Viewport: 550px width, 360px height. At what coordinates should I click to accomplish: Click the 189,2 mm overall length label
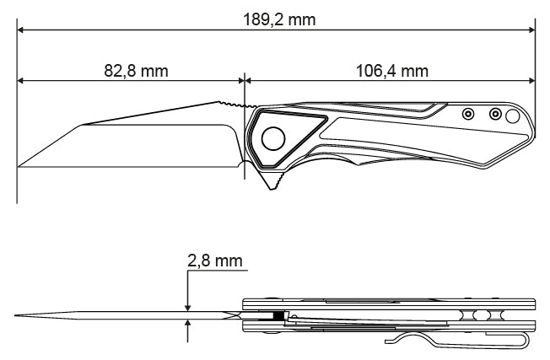[279, 19]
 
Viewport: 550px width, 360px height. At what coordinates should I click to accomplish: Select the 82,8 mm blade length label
[136, 71]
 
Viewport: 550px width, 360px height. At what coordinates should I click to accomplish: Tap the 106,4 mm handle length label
[391, 71]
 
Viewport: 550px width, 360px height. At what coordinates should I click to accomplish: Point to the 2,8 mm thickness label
[215, 261]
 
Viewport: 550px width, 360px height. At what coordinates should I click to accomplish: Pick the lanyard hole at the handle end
[513, 116]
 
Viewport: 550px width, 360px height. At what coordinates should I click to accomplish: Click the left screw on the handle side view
[468, 114]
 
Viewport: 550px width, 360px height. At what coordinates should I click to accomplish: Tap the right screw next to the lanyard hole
[495, 114]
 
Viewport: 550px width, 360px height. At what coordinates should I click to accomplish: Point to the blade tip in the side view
[19, 166]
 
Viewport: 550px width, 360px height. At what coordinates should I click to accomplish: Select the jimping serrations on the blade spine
[238, 105]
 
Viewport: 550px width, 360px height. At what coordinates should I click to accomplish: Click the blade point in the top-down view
[15, 315]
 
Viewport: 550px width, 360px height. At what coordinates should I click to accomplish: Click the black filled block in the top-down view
[278, 315]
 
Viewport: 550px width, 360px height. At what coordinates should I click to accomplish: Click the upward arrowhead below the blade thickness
[188, 324]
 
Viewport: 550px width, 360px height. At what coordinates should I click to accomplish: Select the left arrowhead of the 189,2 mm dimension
[20, 30]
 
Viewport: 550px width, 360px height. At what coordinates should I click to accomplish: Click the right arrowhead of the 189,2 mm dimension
[531, 30]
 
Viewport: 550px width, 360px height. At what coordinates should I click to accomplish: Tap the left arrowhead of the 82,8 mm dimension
[20, 81]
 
